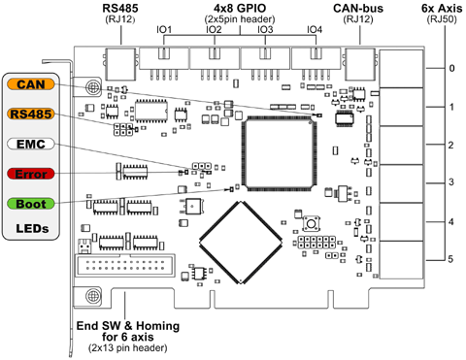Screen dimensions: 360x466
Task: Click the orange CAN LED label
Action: point(28,85)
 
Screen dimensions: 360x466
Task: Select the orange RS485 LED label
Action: point(28,115)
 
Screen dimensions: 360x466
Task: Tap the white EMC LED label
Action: point(28,144)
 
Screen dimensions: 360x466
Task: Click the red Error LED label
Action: point(28,174)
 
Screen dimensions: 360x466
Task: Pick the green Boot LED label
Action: point(28,204)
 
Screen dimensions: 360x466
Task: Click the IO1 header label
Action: point(164,30)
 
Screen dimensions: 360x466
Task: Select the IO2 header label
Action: point(214,30)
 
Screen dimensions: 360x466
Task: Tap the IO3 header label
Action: point(264,30)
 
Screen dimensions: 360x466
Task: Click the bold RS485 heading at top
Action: point(119,8)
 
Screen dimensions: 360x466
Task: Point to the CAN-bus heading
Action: point(359,8)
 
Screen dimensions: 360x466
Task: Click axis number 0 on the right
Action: point(450,68)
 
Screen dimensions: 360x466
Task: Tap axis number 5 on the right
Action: point(450,259)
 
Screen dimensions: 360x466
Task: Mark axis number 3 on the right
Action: point(450,182)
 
